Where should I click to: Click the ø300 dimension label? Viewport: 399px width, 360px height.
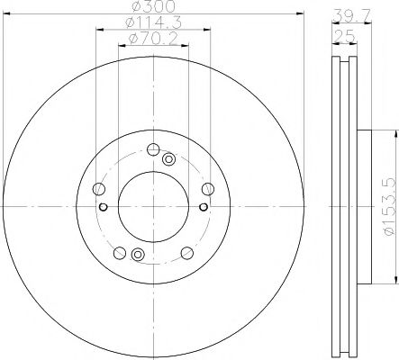pos(153,8)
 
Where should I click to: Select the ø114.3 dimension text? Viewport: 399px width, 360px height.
pos(152,23)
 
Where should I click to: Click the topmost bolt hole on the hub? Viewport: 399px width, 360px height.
pos(153,149)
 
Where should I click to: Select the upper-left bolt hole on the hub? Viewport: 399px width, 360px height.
pos(99,188)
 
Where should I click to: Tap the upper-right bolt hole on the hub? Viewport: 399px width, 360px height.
pos(208,188)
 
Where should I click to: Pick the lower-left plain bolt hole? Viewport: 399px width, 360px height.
pos(120,252)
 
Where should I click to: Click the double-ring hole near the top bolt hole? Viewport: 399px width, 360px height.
pos(168,159)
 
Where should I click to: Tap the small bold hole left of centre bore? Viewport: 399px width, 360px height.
pos(103,208)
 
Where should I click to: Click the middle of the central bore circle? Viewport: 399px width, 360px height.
pos(153,208)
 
